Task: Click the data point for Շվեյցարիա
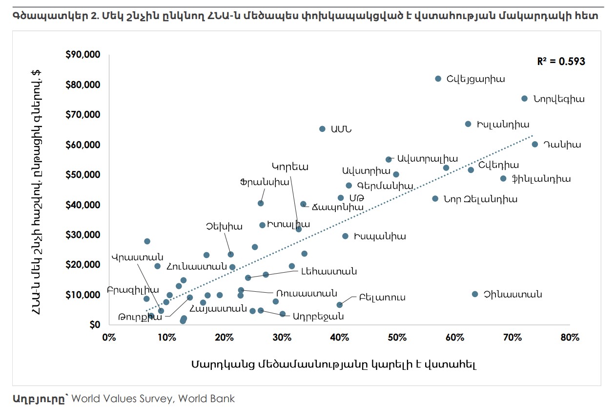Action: pyautogui.click(x=438, y=79)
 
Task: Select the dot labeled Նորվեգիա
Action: pyautogui.click(x=524, y=99)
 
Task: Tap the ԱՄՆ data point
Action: pyautogui.click(x=322, y=129)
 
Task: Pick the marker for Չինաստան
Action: pyautogui.click(x=475, y=294)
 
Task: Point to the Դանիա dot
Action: pyautogui.click(x=534, y=144)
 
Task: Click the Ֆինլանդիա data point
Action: pyautogui.click(x=503, y=179)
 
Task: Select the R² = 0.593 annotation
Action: pyautogui.click(x=561, y=61)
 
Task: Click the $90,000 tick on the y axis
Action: pyautogui.click(x=82, y=55)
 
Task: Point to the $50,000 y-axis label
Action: pyautogui.click(x=82, y=175)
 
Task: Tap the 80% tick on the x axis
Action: pyautogui.click(x=570, y=338)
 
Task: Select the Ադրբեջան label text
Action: pyautogui.click(x=318, y=316)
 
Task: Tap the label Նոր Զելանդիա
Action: pyautogui.click(x=480, y=199)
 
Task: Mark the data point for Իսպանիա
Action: pyautogui.click(x=345, y=237)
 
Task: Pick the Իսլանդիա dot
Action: pyautogui.click(x=468, y=124)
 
